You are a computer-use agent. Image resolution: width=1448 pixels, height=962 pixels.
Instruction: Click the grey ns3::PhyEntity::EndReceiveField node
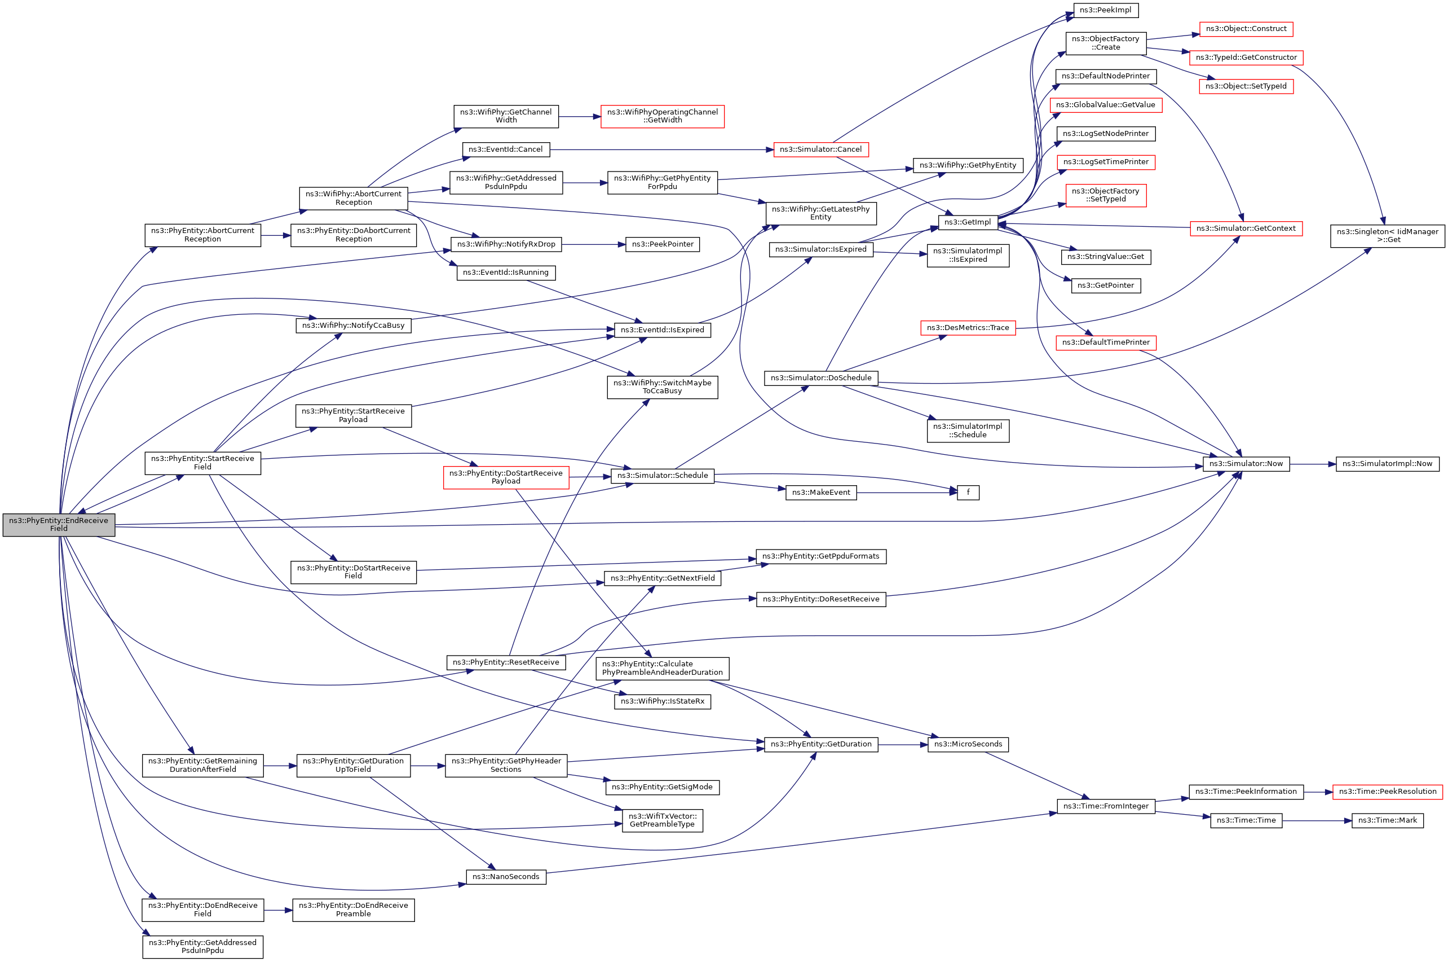58,525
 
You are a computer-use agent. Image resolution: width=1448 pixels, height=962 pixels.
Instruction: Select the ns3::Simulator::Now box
1246,464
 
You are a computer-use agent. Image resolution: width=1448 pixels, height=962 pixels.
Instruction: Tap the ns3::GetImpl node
968,222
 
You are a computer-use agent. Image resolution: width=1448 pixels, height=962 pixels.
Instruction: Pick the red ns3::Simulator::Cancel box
820,150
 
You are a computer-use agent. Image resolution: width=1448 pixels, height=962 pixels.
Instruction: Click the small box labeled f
968,492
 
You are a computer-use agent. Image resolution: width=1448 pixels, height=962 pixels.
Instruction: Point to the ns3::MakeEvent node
821,492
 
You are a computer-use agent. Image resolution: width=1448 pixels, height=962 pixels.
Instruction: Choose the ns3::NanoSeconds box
506,877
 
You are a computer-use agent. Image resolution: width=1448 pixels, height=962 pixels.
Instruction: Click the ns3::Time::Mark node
1387,820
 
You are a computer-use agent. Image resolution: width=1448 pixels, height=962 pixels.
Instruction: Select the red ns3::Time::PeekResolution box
1387,792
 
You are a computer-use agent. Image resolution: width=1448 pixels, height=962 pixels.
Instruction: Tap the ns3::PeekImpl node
1105,10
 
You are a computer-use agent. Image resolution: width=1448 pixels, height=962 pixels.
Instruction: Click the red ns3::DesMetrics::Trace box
968,328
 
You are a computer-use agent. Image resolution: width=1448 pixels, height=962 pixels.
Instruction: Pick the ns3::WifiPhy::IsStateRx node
662,701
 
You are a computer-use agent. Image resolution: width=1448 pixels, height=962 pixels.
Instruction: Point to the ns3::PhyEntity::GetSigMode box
661,787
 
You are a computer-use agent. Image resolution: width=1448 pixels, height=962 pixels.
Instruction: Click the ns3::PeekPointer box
662,244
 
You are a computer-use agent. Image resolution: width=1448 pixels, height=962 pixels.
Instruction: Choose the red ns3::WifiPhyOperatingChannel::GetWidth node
662,116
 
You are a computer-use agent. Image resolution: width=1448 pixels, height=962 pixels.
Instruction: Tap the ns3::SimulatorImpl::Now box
1387,464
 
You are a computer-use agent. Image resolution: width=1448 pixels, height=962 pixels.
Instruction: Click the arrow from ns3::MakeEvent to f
907,493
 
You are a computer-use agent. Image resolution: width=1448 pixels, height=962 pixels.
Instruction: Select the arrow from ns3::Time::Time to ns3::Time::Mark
1317,821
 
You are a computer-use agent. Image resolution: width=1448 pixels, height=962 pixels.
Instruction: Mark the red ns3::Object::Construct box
1246,29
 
